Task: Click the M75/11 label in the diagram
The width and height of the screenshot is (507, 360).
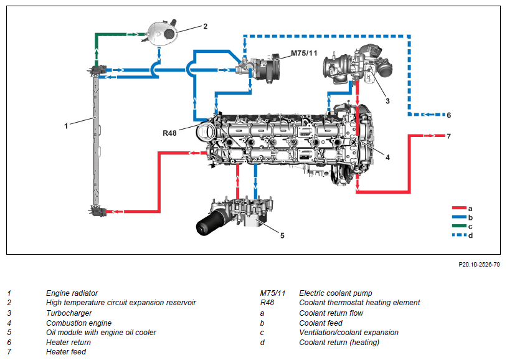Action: [x=304, y=53]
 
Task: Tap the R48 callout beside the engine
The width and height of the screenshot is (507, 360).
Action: [x=169, y=133]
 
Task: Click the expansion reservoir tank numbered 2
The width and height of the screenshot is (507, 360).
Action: [x=161, y=32]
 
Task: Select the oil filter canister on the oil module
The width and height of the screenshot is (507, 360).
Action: [x=209, y=222]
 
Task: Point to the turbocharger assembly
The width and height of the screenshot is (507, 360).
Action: [x=358, y=65]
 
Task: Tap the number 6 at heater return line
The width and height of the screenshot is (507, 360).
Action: [x=449, y=115]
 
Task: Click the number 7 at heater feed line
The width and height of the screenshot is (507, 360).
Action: [x=449, y=136]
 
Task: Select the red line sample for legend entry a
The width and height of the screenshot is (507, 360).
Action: [x=459, y=208]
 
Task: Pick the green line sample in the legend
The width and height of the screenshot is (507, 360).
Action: [x=459, y=226]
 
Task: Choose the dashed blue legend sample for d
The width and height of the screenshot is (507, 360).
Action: [x=459, y=235]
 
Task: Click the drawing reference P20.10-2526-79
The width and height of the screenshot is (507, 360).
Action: [x=479, y=265]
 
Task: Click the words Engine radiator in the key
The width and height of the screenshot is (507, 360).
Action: [x=72, y=293]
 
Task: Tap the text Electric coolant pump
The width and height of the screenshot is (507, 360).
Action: [x=336, y=293]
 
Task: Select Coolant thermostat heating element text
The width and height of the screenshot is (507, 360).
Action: [x=359, y=303]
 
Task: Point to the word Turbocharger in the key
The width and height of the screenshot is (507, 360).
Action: [x=69, y=313]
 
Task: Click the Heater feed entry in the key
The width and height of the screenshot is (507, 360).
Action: [x=66, y=351]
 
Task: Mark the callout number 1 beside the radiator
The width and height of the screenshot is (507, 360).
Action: [x=66, y=126]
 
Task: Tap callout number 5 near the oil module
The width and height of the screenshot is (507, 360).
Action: [x=282, y=235]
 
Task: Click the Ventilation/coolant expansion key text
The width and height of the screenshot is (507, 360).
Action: [x=349, y=333]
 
